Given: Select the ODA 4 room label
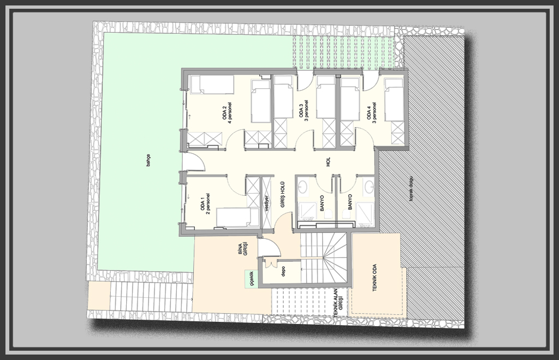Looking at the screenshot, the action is pyautogui.click(x=371, y=112).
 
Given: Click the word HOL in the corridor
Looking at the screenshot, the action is pyautogui.click(x=328, y=161).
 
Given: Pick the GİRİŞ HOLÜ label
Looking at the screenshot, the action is pyautogui.click(x=283, y=195).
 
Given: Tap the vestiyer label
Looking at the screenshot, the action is pyautogui.click(x=266, y=203).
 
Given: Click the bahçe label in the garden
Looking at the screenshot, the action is pyautogui.click(x=148, y=160).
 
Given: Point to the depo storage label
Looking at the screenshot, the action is pyautogui.click(x=283, y=272).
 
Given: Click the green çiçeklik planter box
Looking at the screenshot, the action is pyautogui.click(x=251, y=279).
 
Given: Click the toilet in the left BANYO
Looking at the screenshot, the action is pyautogui.click(x=328, y=214).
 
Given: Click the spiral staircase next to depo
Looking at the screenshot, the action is pyautogui.click(x=324, y=257).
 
